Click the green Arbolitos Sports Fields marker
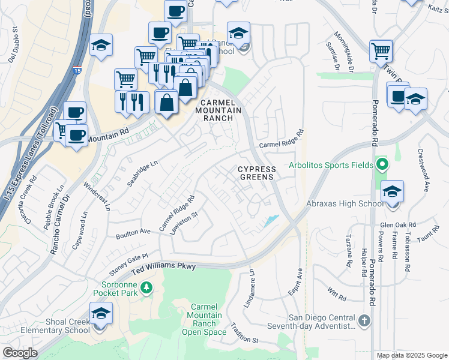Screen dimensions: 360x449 [x=381, y=164]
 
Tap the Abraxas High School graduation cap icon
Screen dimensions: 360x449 [x=392, y=192]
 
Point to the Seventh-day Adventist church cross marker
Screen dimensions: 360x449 [x=364, y=320]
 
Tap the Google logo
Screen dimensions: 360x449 [x=20, y=353]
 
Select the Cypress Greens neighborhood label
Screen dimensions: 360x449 [x=256, y=173]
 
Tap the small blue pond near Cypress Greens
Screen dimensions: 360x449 [x=271, y=221]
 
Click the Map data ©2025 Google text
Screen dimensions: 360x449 [x=411, y=355]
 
